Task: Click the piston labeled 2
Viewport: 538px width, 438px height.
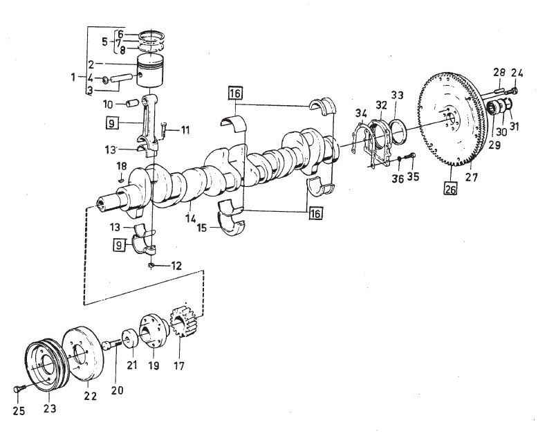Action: [150, 71]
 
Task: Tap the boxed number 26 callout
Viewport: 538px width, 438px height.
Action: [450, 189]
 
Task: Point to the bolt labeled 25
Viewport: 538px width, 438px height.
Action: [19, 389]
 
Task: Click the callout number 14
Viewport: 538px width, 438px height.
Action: [190, 219]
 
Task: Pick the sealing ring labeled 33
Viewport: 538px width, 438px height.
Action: [398, 131]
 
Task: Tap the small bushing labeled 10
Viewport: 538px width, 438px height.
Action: [133, 103]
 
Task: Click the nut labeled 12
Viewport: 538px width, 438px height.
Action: [151, 265]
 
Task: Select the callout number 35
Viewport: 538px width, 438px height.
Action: [413, 176]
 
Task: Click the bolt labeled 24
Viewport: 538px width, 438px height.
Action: [513, 91]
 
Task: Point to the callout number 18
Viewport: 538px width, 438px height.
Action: [122, 167]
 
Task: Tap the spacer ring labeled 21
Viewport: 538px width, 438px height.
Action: [130, 339]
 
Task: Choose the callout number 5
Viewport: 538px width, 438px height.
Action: [104, 42]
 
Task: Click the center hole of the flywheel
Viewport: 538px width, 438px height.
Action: [452, 120]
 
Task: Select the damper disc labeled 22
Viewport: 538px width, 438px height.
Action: [82, 353]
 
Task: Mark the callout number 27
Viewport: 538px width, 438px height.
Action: [472, 177]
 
